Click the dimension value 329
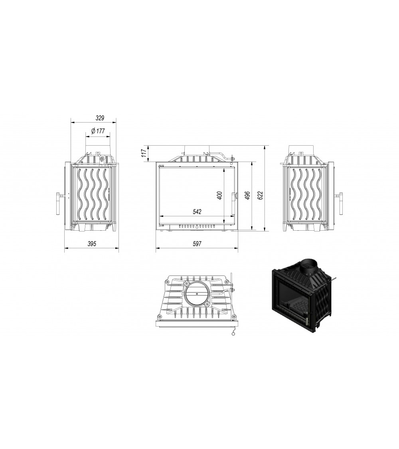(x=100, y=118)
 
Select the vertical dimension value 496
(x=248, y=195)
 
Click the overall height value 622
(x=260, y=195)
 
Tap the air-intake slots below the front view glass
(x=196, y=226)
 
